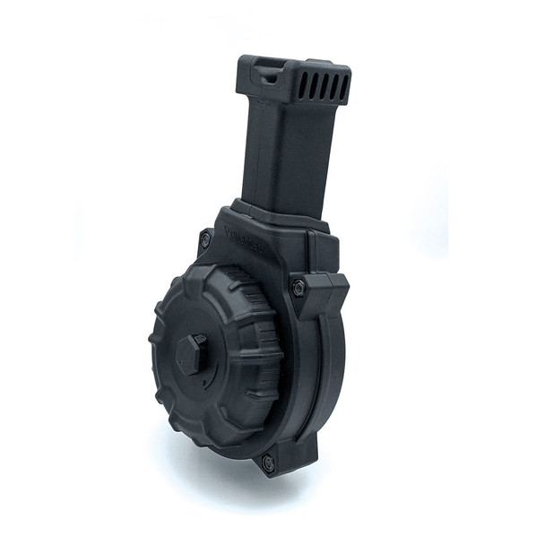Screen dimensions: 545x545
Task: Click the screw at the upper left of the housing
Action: coord(205,240)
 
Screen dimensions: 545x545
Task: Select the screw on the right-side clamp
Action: coord(298,288)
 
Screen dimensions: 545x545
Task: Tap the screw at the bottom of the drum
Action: coord(268,463)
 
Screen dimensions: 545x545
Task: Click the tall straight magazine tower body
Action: coord(282,152)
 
